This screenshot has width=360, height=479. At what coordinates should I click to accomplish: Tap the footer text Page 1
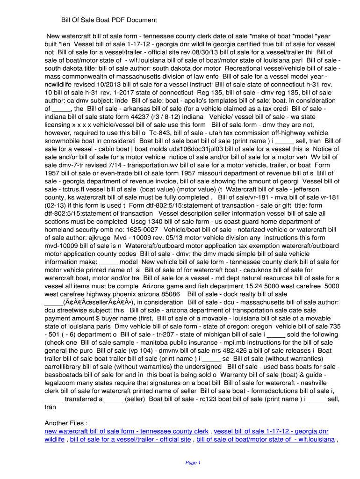click(x=193, y=463)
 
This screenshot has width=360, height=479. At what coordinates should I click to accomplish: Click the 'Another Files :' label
click(x=66, y=423)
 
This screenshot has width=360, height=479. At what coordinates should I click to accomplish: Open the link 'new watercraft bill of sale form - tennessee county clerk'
click(x=126, y=431)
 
